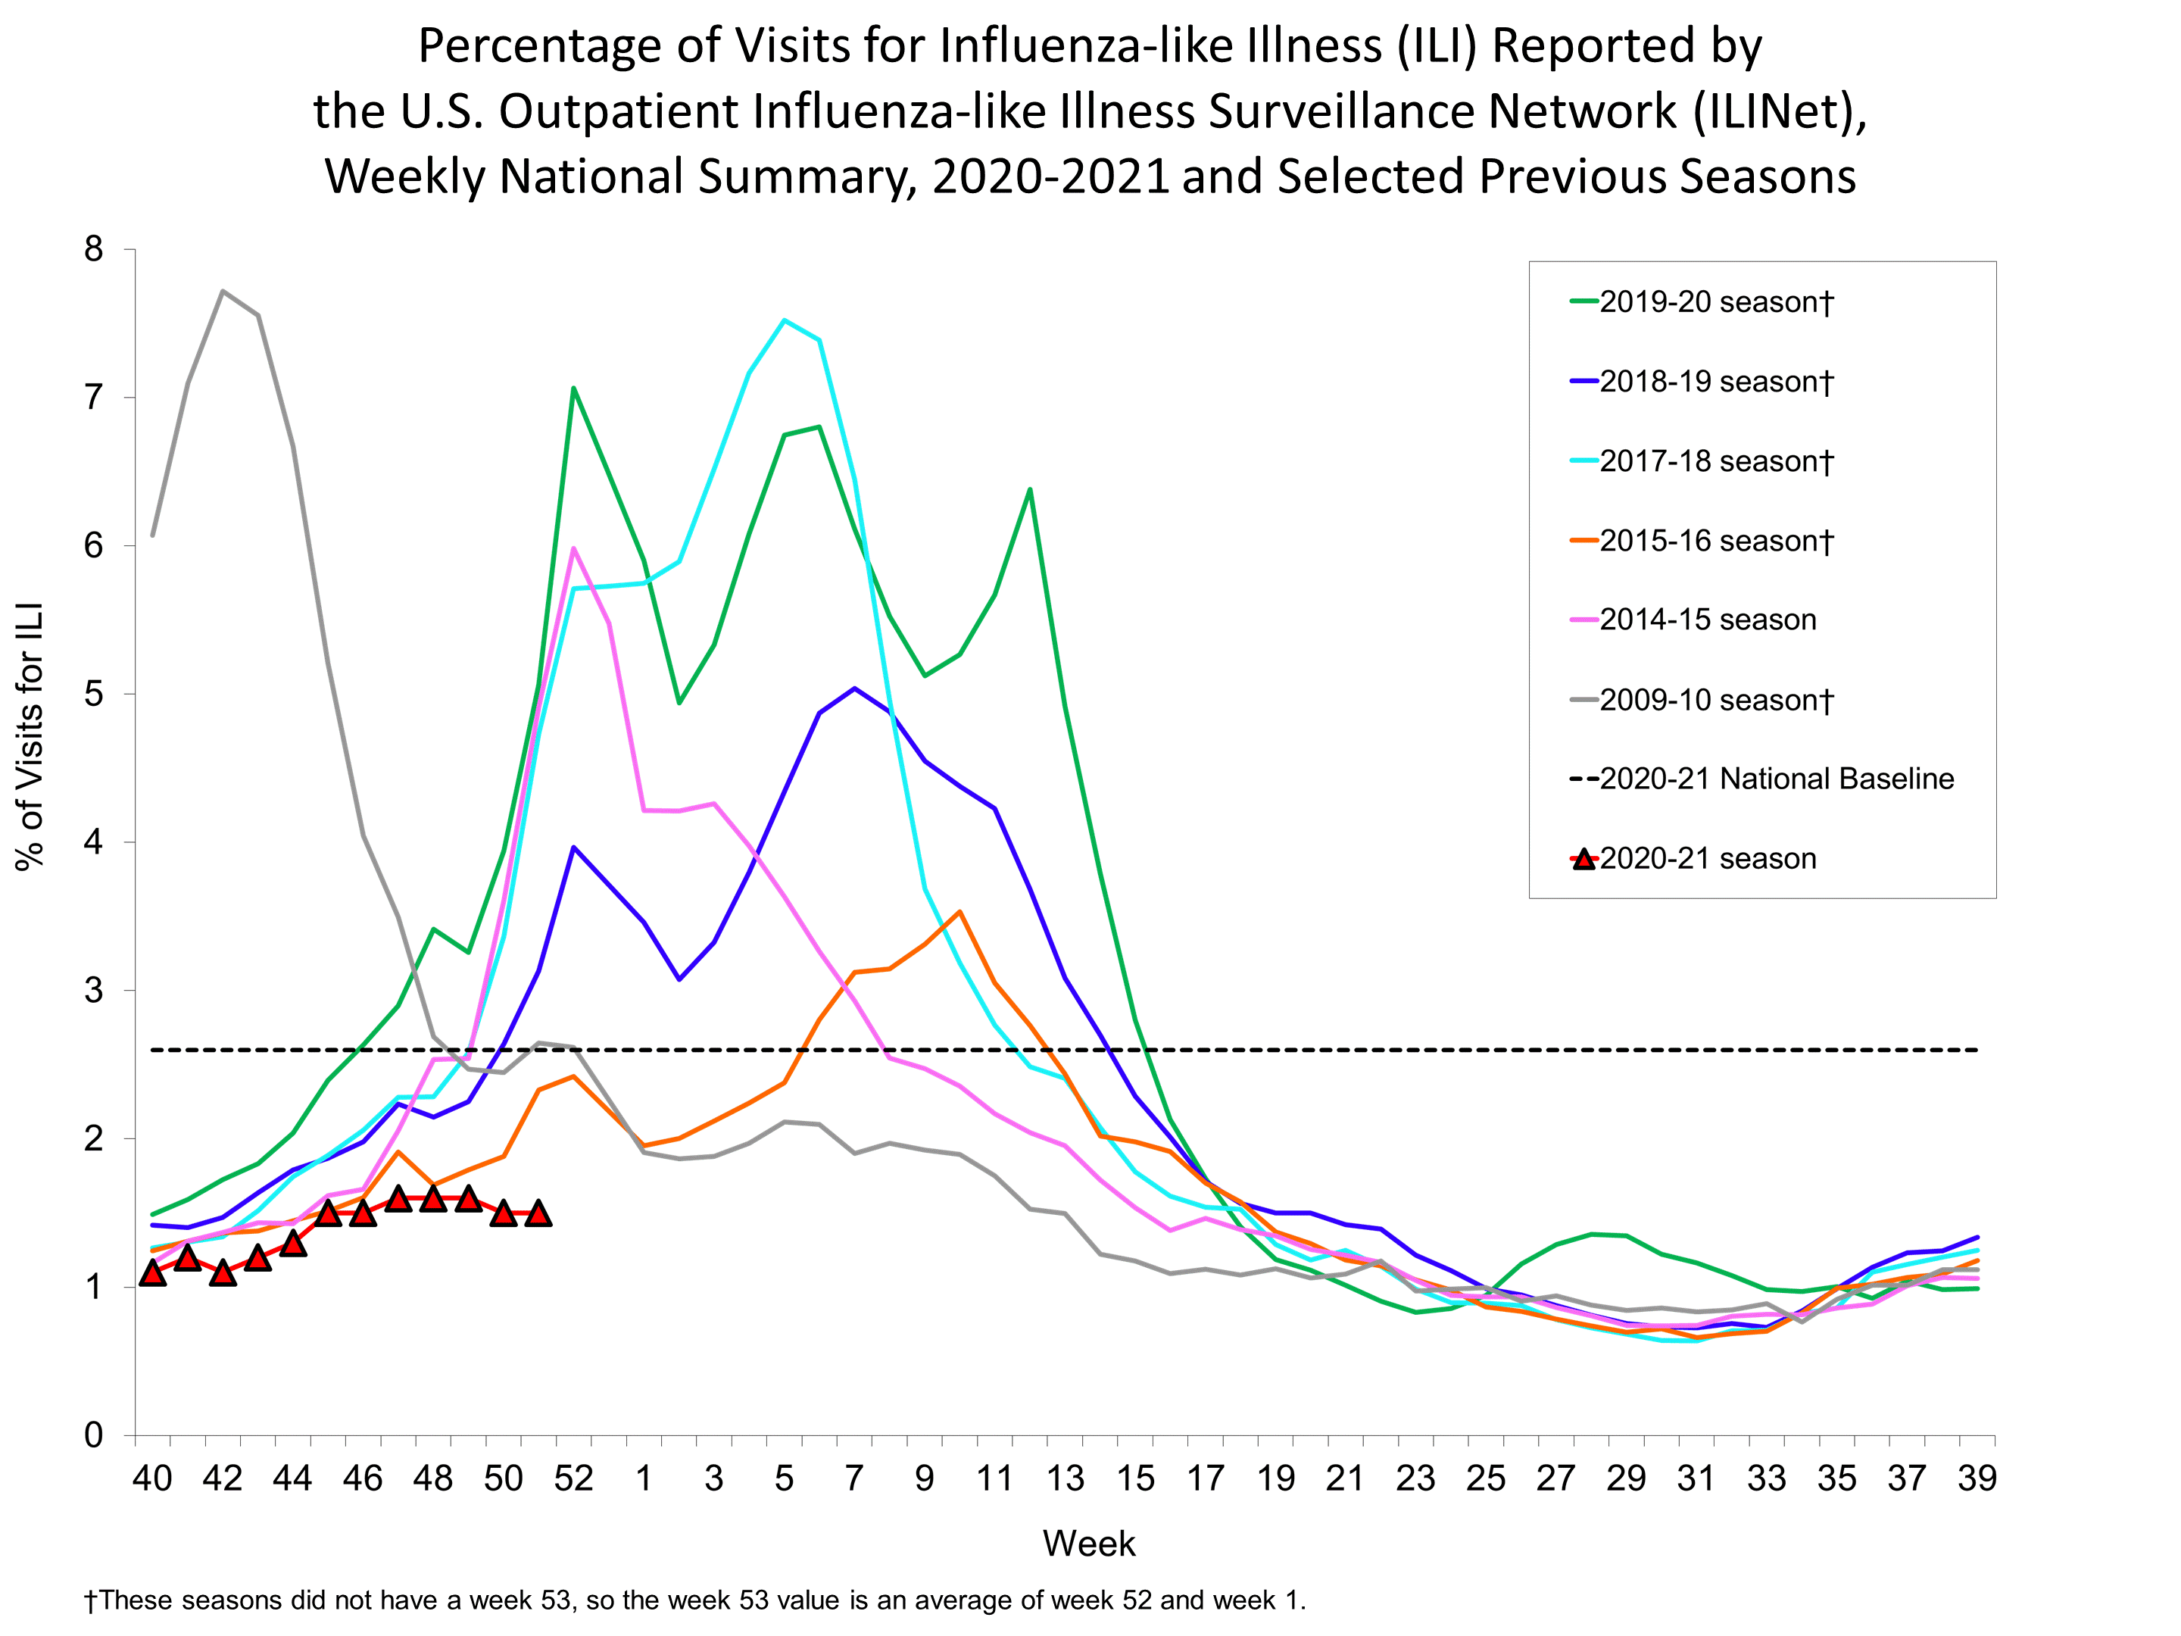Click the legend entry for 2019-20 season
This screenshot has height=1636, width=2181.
[x=1715, y=301]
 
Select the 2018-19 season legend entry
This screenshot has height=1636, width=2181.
[x=1715, y=382]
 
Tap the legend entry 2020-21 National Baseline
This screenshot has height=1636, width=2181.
[x=1776, y=779]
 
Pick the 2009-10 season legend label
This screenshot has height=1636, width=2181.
[x=1715, y=700]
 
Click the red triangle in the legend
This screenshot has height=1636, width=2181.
[x=1583, y=859]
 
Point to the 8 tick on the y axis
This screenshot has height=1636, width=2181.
[x=94, y=249]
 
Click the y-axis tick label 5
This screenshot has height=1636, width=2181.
[x=94, y=695]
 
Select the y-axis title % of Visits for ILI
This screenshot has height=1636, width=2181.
[x=30, y=735]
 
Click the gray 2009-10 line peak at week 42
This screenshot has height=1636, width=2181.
[x=223, y=291]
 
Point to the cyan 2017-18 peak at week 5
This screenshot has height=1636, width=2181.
[x=784, y=320]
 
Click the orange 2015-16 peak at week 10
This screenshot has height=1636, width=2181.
[x=959, y=911]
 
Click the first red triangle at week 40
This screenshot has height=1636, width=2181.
[x=153, y=1273]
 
